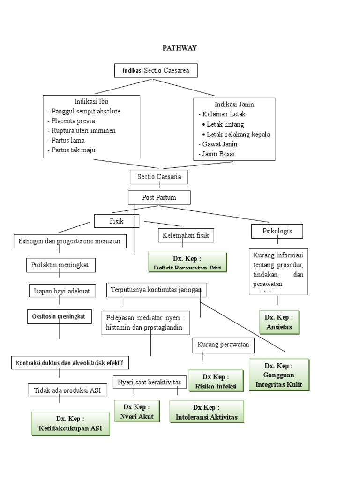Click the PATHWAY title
click(x=180, y=48)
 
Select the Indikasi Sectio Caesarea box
click(x=156, y=70)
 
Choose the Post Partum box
click(x=159, y=197)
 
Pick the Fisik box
click(x=116, y=221)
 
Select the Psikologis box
click(x=277, y=231)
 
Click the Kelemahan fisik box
click(x=186, y=235)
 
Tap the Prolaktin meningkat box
click(x=61, y=265)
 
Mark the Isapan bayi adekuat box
click(x=62, y=291)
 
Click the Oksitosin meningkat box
click(x=59, y=316)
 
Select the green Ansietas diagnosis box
click(x=279, y=322)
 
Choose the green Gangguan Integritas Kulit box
click(x=279, y=375)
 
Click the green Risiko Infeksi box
click(x=216, y=381)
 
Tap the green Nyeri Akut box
click(x=137, y=411)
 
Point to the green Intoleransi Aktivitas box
click(x=207, y=412)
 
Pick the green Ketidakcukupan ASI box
click(x=70, y=424)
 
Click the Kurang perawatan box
click(x=223, y=346)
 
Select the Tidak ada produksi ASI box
click(x=67, y=390)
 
